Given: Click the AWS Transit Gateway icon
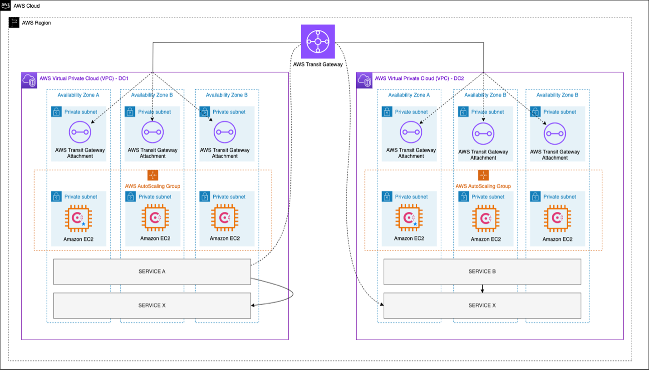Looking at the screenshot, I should [x=318, y=41].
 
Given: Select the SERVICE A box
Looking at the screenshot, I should [x=152, y=272].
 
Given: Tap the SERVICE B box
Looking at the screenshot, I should [x=482, y=272].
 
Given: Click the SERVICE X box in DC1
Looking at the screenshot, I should [x=152, y=305].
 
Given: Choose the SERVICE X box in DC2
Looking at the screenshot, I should [x=482, y=305].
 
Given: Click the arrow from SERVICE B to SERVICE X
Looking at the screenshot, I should [x=482, y=288].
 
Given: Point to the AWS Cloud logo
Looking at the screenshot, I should [x=5, y=6].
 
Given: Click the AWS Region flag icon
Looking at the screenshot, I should [x=15, y=23].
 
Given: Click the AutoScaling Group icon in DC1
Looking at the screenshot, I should [x=152, y=175].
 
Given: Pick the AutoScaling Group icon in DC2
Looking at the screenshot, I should [x=483, y=175].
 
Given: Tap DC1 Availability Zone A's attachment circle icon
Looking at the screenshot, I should [x=80, y=132].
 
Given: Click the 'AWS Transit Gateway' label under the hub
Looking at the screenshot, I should [x=317, y=64].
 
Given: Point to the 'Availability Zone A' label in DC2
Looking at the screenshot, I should [x=409, y=95].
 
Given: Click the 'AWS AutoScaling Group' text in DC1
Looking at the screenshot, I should [x=152, y=186].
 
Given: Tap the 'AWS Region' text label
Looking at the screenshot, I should [x=36, y=23].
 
